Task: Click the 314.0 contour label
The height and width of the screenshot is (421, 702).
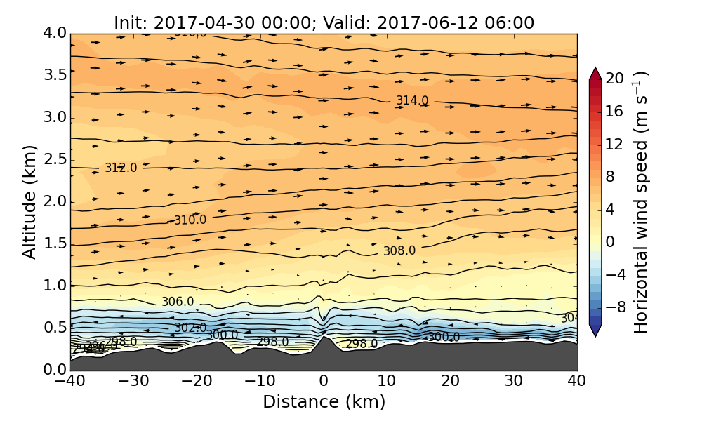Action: click(412, 100)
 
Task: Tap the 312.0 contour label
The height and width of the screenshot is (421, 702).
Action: click(121, 168)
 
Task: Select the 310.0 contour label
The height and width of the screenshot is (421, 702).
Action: click(190, 220)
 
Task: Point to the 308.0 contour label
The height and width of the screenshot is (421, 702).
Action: click(399, 250)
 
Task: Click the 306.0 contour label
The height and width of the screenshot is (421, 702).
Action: click(178, 302)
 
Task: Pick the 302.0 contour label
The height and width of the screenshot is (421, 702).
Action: click(190, 328)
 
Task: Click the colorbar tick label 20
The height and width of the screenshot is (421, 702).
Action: click(615, 79)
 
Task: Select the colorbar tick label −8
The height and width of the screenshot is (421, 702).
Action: click(615, 307)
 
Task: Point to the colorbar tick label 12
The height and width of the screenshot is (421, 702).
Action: click(615, 144)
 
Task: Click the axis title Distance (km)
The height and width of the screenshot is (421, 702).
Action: click(324, 402)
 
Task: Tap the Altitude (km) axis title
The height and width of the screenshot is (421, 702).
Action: click(29, 201)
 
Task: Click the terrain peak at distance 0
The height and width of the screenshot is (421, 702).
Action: click(324, 338)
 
